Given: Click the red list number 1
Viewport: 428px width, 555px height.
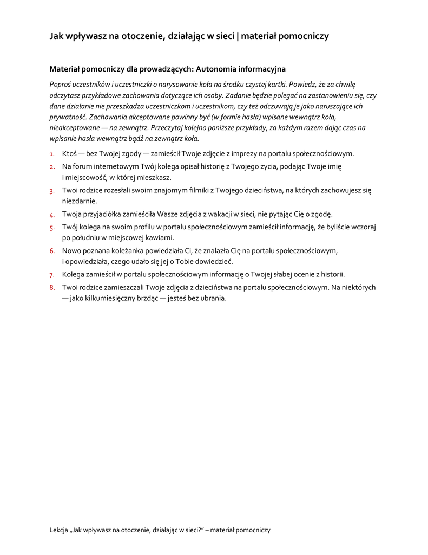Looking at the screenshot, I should tap(52, 154).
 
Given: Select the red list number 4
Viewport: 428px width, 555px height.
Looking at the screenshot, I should tap(52, 215).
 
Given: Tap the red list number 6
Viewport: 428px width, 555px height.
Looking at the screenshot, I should tap(52, 251).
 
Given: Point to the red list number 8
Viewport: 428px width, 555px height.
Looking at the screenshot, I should tap(52, 287).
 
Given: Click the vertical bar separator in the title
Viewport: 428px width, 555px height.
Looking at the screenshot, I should tap(238, 36).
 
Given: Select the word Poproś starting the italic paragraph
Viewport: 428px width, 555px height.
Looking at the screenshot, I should tap(61, 84).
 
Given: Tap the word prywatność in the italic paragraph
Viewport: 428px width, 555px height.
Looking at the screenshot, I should tap(67, 117).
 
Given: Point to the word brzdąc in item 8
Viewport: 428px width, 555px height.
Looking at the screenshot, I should tap(142, 298).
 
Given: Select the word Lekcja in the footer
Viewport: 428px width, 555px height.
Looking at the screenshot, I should tap(60, 530).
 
